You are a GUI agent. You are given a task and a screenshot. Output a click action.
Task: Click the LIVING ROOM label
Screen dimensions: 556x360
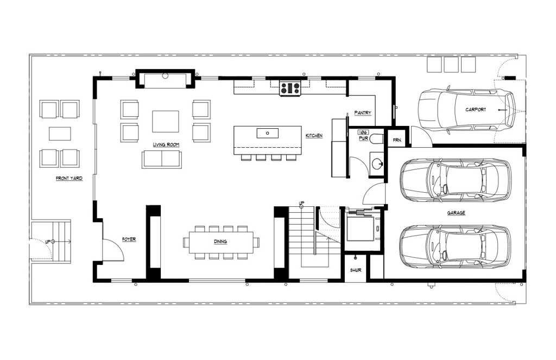point(166,145)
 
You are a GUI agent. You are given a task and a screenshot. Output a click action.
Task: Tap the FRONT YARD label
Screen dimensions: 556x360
point(69,178)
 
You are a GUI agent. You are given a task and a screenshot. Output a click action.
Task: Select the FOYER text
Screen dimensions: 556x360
point(129,239)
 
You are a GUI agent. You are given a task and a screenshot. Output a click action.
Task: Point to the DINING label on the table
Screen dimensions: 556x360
point(220,242)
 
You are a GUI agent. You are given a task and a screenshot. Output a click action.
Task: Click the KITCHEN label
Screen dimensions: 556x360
point(314,136)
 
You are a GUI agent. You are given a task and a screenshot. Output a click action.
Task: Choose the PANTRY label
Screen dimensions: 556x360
point(363,113)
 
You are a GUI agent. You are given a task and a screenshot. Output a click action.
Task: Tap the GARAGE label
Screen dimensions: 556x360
point(456,213)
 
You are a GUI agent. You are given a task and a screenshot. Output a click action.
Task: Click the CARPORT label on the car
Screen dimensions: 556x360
point(476,110)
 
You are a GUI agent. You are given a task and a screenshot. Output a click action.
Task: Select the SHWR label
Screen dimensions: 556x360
point(356,270)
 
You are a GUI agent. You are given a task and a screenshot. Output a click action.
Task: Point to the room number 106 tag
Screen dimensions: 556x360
point(363,132)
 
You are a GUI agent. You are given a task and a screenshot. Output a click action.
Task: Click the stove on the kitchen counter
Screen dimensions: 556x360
point(291,89)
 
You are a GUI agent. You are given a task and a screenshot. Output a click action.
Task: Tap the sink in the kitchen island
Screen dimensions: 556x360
point(267,134)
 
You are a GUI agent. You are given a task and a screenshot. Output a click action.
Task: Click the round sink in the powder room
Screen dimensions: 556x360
point(377,163)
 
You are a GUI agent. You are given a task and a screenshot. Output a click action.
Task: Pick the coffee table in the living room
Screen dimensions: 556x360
point(166,121)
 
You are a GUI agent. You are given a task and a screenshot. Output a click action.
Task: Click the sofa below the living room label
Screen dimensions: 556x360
point(162,160)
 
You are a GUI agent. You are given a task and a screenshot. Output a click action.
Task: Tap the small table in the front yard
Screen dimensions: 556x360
point(60,134)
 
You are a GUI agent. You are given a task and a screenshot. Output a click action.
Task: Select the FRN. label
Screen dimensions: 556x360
point(397,140)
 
